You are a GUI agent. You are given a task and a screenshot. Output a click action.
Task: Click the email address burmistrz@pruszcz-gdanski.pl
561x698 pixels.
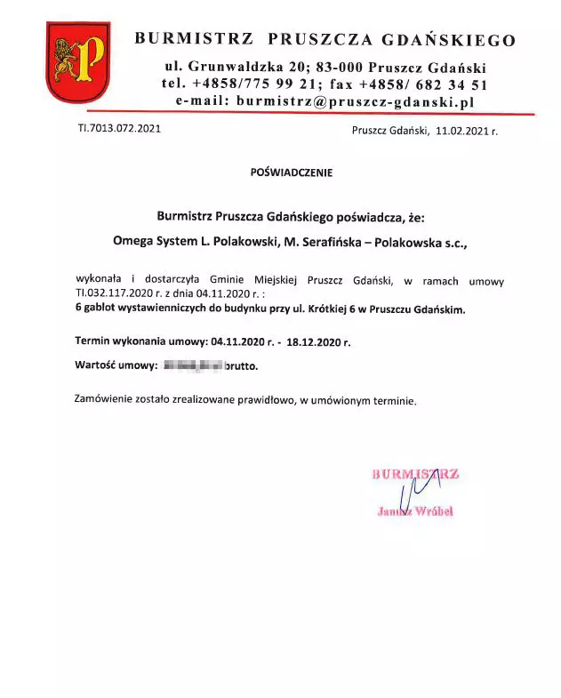pyautogui.click(x=355, y=102)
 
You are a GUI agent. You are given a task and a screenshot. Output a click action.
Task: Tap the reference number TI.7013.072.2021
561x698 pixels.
pyautogui.click(x=119, y=129)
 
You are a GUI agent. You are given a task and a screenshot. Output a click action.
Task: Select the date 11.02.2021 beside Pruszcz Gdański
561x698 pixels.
pyautogui.click(x=461, y=131)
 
